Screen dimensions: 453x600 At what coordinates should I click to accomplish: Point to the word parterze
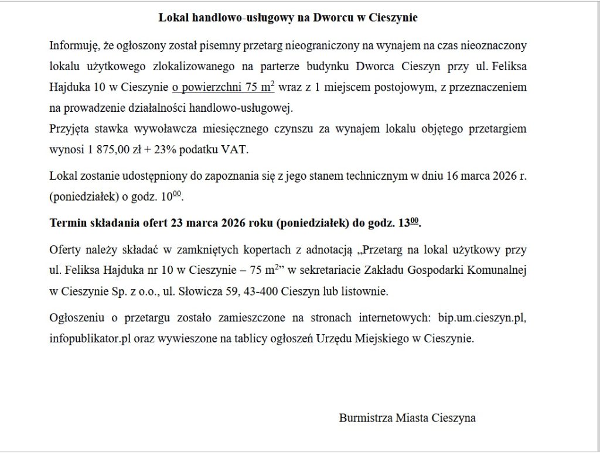click(304, 67)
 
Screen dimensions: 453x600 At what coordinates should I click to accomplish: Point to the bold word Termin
click(67, 224)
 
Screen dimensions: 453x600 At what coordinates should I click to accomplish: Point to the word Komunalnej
click(499, 272)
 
